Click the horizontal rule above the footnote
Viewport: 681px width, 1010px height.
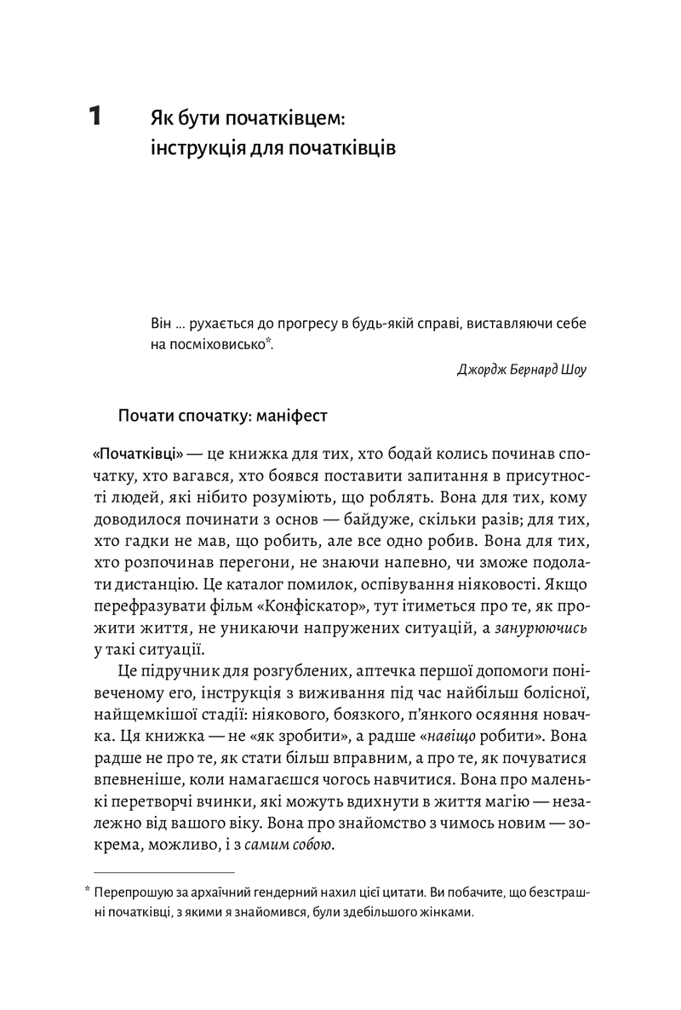pos(163,872)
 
